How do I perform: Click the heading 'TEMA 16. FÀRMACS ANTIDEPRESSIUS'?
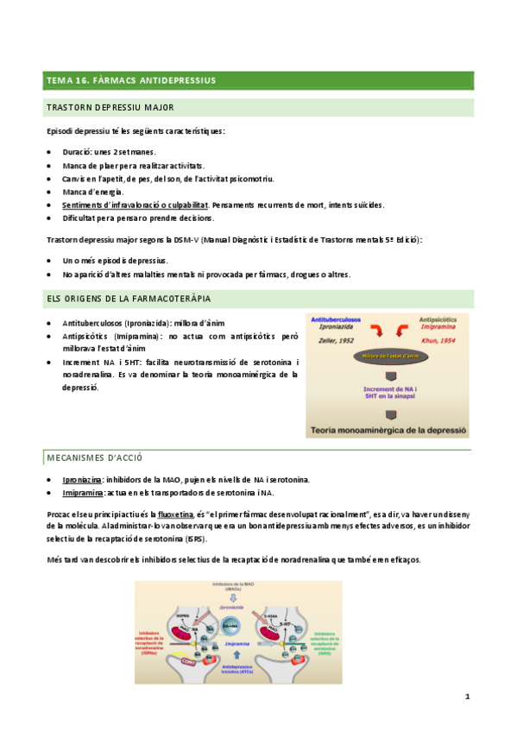[x=130, y=81]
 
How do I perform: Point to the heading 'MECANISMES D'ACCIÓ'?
[x=94, y=457]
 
